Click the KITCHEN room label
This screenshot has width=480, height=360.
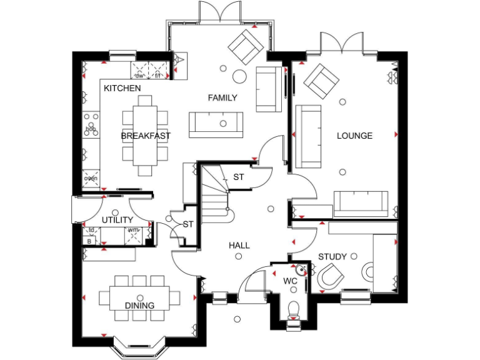tap(122, 88)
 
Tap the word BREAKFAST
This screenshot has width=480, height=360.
tap(146, 136)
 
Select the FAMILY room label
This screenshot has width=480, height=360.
tap(222, 97)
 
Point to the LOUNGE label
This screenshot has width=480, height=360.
tap(354, 136)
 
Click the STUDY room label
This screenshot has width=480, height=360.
tap(332, 256)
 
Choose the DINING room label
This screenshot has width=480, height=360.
tap(139, 306)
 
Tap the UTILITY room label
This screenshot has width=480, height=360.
tap(117, 220)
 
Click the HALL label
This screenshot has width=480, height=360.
tap(239, 246)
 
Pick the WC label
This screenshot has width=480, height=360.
tap(290, 281)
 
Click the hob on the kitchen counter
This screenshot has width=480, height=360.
tap(91, 128)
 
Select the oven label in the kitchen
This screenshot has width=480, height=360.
tap(91, 179)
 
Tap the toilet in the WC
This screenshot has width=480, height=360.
tap(292, 310)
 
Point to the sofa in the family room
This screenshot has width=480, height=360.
tap(216, 124)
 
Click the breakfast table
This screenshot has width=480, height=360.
tap(145, 136)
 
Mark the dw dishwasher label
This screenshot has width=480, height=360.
tap(140, 76)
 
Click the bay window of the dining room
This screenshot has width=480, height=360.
tap(139, 343)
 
